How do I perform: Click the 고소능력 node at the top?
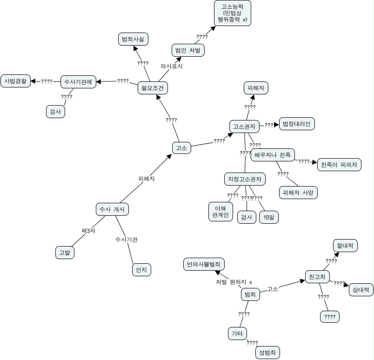pos(233,13)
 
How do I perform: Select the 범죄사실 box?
pos(133,40)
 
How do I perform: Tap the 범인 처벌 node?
pos(188,50)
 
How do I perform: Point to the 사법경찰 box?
pos(15,81)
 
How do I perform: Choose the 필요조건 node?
pos(153,88)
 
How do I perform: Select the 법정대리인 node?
pos(296,124)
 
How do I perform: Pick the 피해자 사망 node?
pos(298,192)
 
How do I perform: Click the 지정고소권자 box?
pos(244,179)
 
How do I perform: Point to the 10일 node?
pos(268,217)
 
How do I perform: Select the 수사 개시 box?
pos(112,209)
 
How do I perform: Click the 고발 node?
pos(65,253)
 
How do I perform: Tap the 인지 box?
pos(141,269)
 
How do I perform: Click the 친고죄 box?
pos(317,277)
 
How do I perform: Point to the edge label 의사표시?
pos(171,66)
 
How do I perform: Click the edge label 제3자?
pos(88,231)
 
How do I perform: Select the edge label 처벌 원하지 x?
pos(234,282)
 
